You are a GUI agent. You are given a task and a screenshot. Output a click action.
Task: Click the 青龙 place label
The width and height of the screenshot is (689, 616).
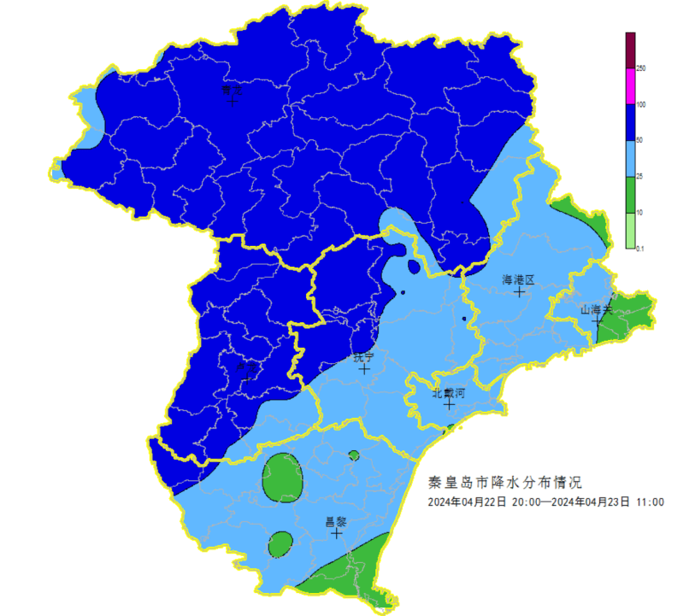point(232,89)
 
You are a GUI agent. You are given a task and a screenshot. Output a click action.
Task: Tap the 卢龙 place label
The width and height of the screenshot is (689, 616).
point(244,363)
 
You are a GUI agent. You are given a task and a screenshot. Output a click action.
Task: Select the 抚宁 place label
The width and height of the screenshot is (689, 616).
point(364,358)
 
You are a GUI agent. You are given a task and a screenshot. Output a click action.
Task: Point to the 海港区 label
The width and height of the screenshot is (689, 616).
point(517,279)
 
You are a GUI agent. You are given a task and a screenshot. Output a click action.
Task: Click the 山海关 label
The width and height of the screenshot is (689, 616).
point(597,309)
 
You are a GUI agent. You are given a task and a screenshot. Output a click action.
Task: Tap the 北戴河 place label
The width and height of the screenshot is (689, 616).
point(448,393)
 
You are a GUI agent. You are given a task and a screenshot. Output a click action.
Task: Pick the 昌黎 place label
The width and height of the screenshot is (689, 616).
point(336,520)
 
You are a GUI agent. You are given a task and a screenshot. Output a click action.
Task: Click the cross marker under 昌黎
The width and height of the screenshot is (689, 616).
point(337,532)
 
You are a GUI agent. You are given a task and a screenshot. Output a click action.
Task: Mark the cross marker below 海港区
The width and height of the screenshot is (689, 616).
point(519,291)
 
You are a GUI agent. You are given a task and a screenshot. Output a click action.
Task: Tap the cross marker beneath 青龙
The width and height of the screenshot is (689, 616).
point(233,101)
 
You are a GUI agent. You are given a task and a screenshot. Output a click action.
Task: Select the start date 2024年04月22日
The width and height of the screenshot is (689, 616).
point(468,502)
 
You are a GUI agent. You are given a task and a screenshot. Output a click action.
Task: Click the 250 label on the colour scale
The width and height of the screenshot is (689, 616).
point(640,68)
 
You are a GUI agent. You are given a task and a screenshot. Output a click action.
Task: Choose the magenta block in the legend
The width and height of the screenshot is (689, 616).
point(630,86)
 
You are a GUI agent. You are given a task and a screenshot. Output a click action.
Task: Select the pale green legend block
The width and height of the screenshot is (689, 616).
point(630,231)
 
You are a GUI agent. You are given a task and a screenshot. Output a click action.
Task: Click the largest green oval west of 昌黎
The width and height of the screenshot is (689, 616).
point(282,477)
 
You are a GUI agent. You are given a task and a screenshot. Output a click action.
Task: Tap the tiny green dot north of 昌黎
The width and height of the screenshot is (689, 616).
point(353,455)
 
